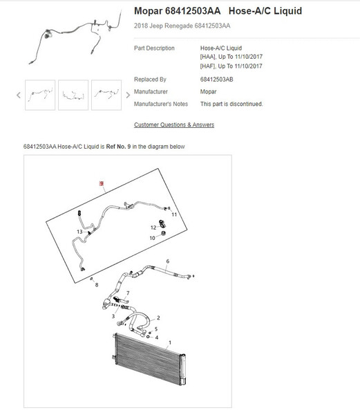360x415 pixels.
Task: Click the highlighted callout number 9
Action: pos(102,183)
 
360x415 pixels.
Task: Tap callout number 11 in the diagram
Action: pos(174,214)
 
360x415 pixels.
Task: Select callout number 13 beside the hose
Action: pos(79,232)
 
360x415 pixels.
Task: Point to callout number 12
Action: pos(153,228)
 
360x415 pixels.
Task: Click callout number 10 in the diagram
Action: pos(152,238)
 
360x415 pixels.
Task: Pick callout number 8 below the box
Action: pos(97,285)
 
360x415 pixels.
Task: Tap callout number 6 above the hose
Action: pos(168,261)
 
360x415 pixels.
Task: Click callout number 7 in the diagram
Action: pos(128,293)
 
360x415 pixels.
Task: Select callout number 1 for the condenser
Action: pos(170,342)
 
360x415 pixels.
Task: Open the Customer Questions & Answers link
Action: pos(174,124)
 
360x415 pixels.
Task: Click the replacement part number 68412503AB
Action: pos(216,80)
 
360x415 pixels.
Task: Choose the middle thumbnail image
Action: pos(73,95)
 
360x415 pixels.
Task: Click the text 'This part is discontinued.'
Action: pos(231,104)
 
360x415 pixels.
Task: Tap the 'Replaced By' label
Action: pos(150,80)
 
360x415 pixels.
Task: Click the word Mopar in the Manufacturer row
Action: pos(208,91)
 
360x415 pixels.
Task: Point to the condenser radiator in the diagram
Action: pos(149,358)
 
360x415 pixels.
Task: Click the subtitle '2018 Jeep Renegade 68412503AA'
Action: pos(182,26)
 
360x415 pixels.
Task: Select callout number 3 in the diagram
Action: pos(113,316)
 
